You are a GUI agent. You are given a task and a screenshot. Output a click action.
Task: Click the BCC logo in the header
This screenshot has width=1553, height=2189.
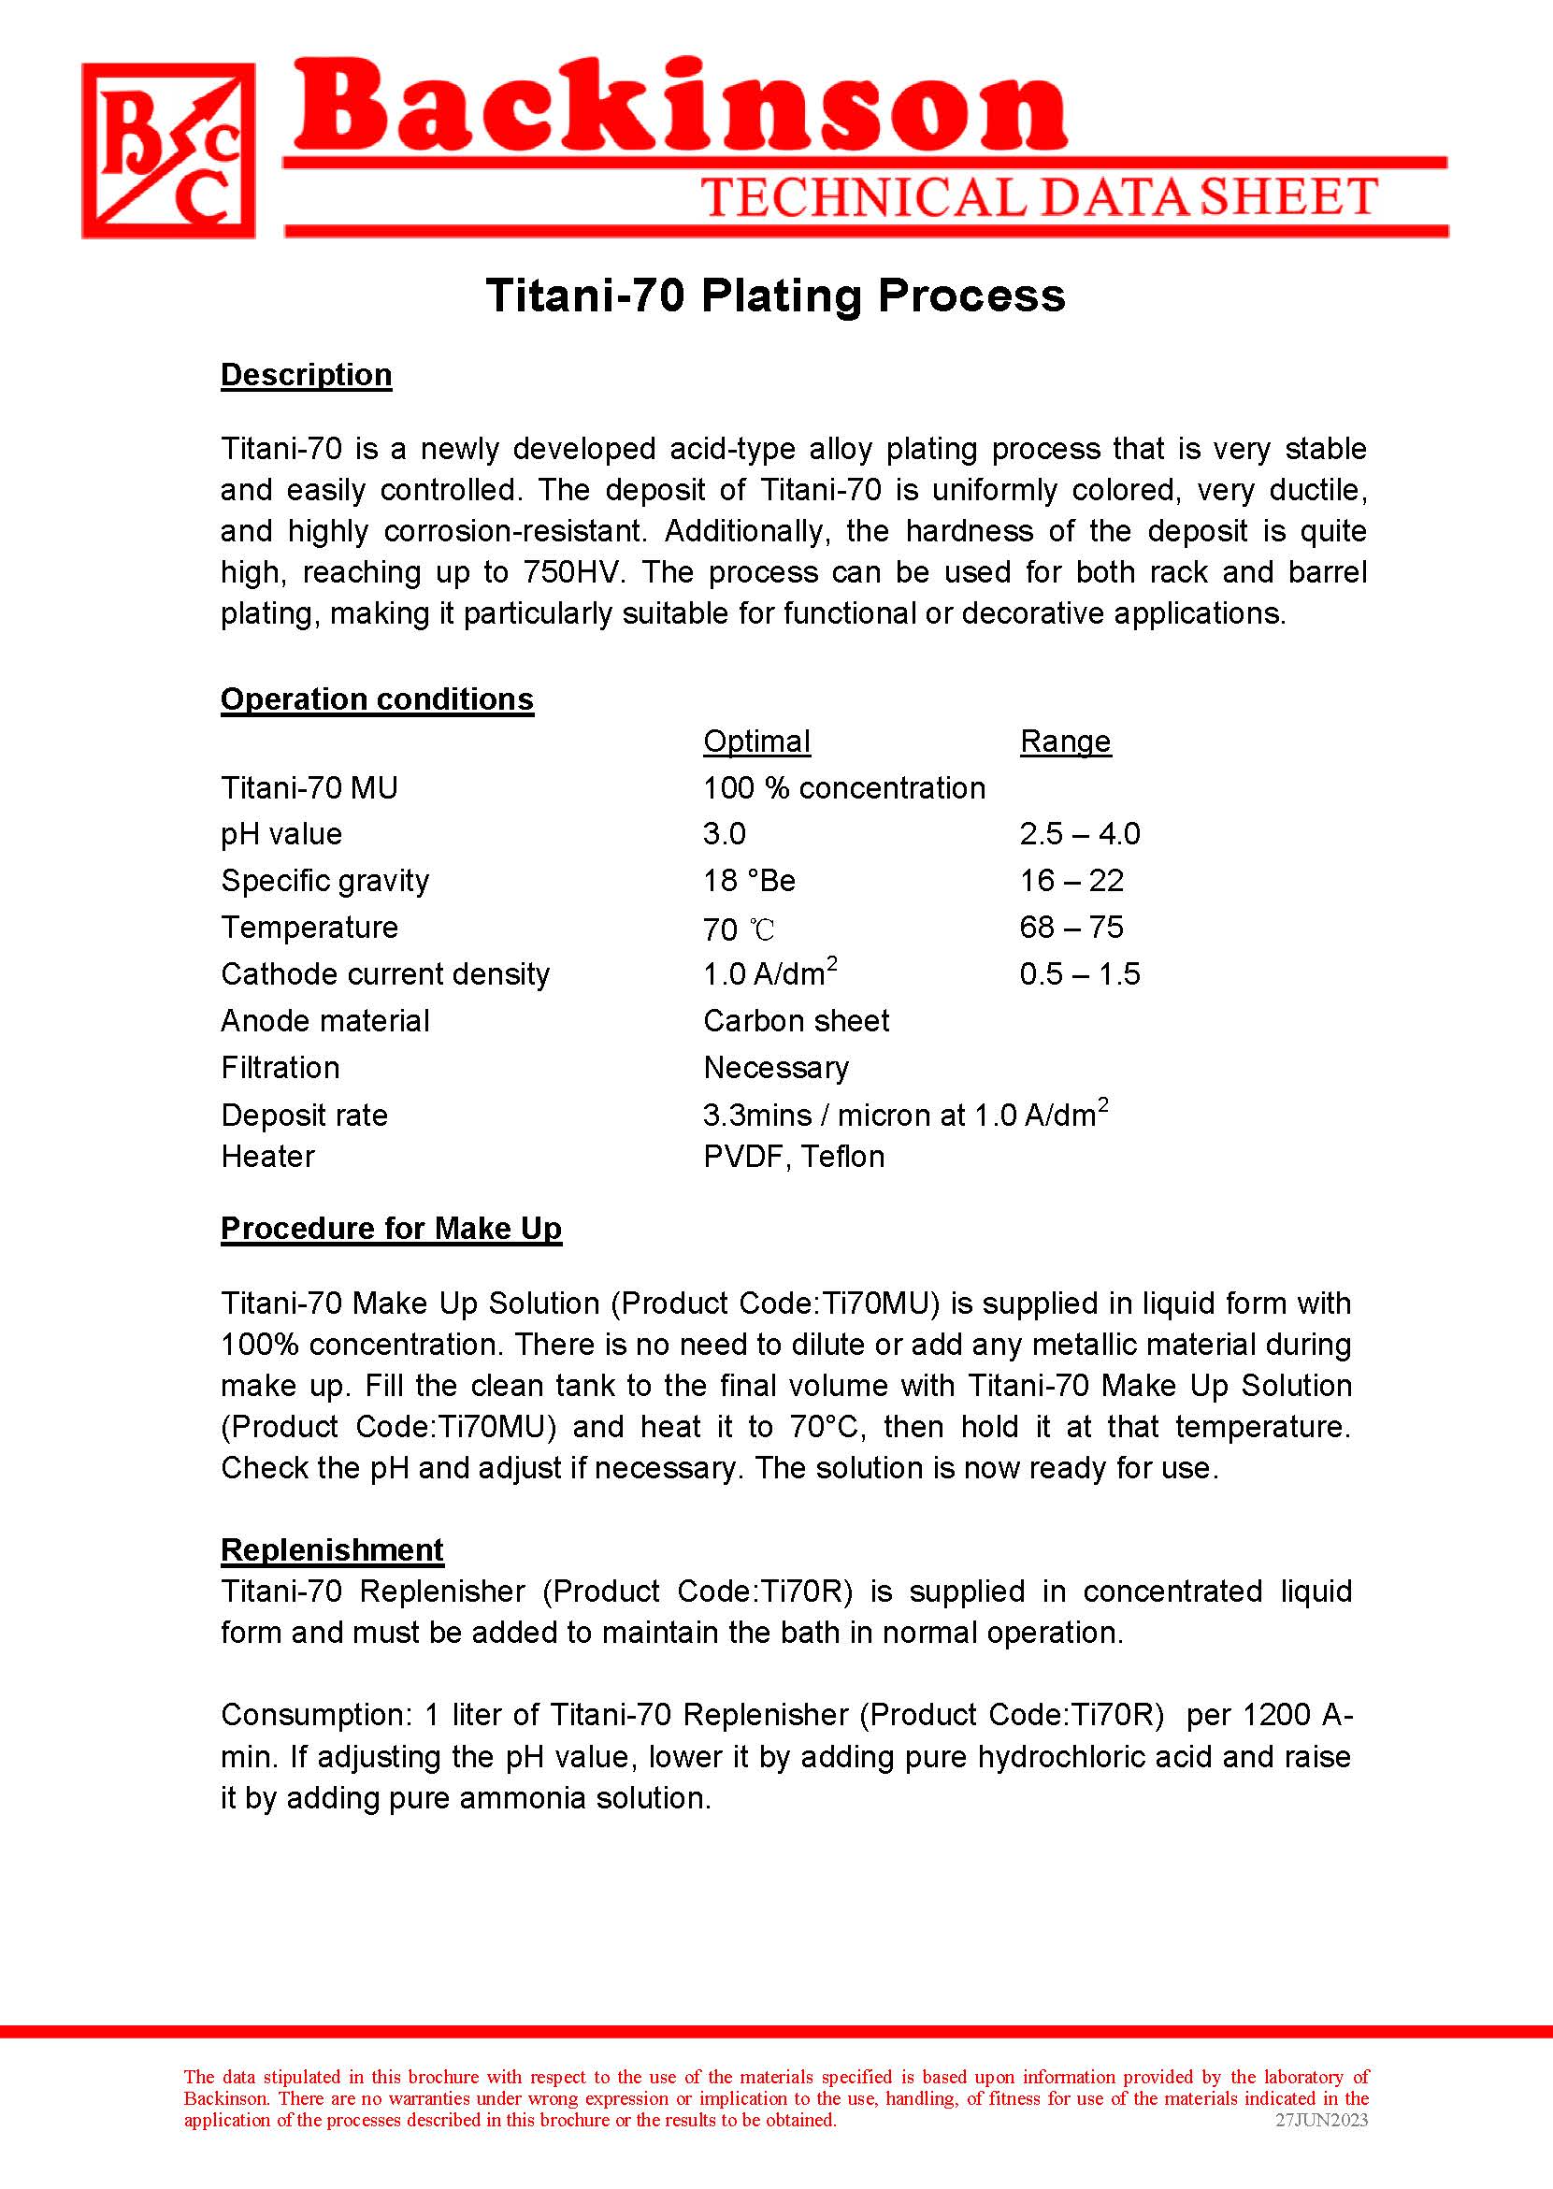coord(168,151)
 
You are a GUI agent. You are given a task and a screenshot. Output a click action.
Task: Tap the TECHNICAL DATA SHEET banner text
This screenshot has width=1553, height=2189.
coord(1039,197)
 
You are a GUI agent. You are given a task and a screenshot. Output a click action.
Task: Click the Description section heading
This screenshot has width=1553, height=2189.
coord(306,375)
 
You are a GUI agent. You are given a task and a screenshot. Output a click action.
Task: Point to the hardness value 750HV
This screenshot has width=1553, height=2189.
coord(573,572)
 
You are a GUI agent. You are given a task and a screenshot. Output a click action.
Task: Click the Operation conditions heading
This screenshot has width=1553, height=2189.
coord(377,699)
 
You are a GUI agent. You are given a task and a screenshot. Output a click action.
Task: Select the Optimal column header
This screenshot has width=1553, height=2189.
coord(756,742)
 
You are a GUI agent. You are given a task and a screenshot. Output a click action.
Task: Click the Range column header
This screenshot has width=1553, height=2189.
coord(1065,742)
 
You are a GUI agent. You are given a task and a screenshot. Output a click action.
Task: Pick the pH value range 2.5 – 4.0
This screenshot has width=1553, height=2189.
coord(1080,834)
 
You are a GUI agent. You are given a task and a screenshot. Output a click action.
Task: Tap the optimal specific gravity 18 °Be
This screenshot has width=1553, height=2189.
coord(749,881)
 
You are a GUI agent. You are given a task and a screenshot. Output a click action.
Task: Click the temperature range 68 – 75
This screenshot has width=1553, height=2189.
coord(1071,927)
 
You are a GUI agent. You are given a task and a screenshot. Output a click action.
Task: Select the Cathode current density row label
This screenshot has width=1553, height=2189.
coord(385,973)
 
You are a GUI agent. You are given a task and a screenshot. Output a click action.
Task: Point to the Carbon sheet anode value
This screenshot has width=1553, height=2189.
coord(796,1020)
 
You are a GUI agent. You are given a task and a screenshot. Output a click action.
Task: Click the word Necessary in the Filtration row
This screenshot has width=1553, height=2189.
coord(775,1067)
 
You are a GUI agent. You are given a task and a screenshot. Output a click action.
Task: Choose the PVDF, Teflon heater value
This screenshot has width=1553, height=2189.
coord(794,1156)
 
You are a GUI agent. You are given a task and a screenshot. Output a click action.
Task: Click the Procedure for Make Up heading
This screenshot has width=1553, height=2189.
coord(391,1228)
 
